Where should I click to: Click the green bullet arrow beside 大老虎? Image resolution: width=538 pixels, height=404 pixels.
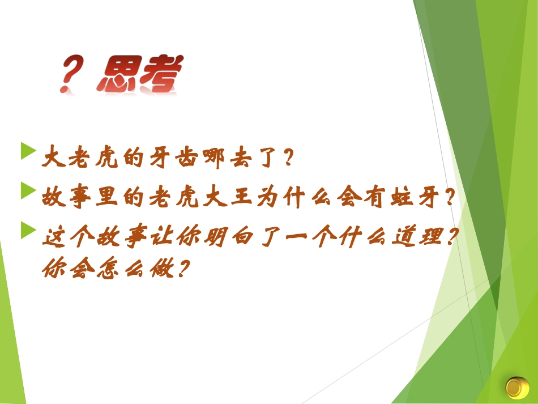click(x=28, y=152)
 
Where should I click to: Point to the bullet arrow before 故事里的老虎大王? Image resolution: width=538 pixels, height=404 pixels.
click(x=28, y=190)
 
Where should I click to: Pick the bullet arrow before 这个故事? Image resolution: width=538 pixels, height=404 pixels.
click(x=28, y=229)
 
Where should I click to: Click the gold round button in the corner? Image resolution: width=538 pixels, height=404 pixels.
click(x=516, y=388)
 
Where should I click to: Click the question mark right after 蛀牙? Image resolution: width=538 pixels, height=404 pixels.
click(x=451, y=198)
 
